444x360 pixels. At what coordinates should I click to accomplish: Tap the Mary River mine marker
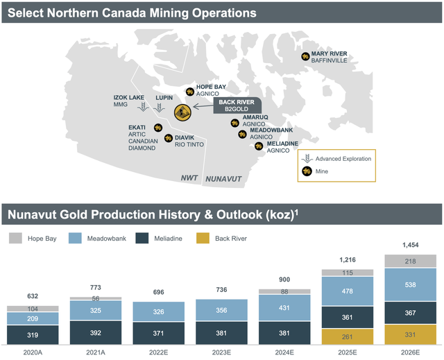coord(305,57)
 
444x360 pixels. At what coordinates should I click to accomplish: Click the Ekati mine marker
coord(158,127)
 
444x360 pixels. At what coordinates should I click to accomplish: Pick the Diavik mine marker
coord(168,138)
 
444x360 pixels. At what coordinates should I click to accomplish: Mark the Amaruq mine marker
coord(236,122)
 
